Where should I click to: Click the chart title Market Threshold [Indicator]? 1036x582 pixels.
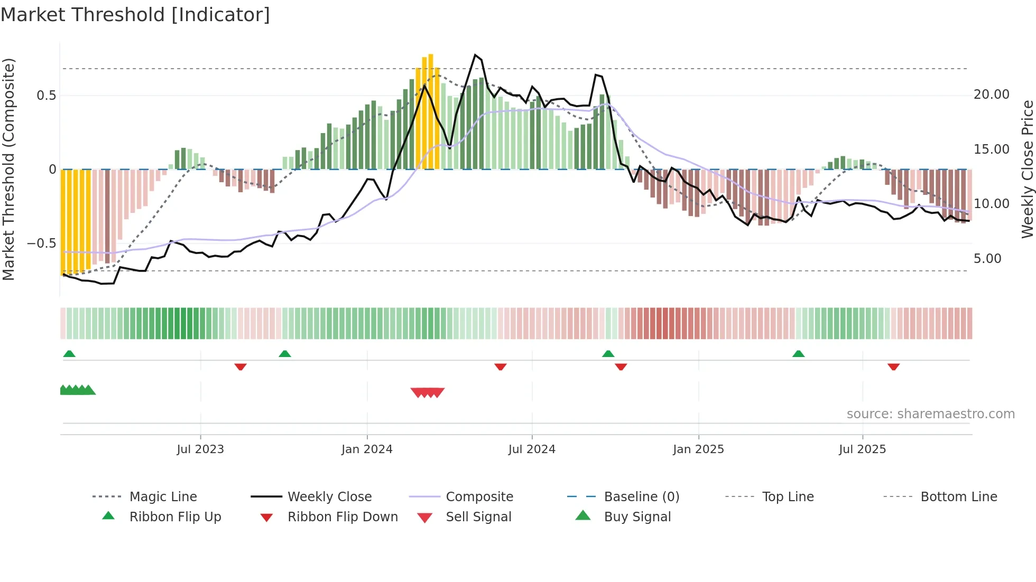[x=135, y=15]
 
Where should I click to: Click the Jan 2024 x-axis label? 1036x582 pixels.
[x=367, y=449]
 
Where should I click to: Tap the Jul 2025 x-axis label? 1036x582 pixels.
[x=862, y=449]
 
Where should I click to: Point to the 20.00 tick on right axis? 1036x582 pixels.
[x=991, y=95]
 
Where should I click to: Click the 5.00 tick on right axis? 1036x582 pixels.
[x=987, y=259]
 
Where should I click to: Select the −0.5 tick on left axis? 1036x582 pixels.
[x=41, y=243]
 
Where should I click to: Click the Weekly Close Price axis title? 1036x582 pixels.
[x=1027, y=169]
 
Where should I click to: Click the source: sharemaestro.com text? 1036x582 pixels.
[x=930, y=414]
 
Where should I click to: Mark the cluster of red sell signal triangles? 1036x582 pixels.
[x=427, y=392]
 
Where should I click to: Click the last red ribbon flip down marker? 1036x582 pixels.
[x=893, y=367]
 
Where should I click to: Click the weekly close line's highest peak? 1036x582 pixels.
[x=475, y=55]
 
